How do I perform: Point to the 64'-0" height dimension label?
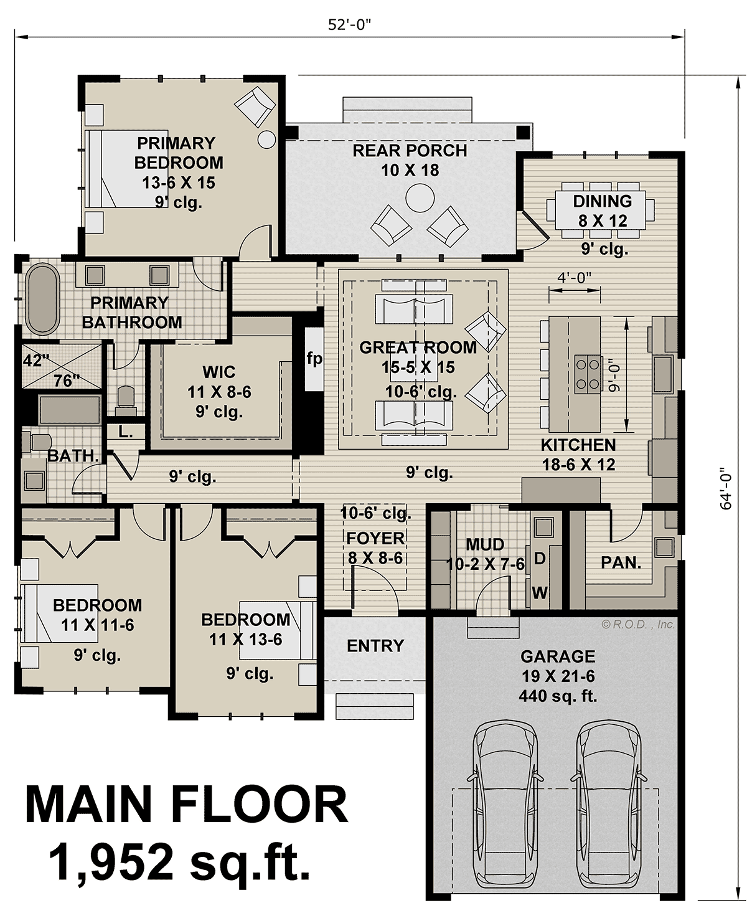point(726,489)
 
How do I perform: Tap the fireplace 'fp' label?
point(314,359)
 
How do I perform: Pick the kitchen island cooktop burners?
point(588,375)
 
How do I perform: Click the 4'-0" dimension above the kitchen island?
point(574,277)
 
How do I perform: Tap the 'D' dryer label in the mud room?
point(540,559)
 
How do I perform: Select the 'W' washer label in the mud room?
point(540,592)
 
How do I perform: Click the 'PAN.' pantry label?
point(621,563)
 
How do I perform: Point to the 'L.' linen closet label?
point(126,432)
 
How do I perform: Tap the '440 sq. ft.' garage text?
point(557,696)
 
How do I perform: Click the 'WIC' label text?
point(218,372)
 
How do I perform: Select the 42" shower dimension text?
point(36,361)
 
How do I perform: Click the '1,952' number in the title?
point(113,862)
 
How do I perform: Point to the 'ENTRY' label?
point(375,646)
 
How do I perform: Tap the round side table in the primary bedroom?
point(266,139)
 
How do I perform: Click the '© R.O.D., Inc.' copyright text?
point(637,624)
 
